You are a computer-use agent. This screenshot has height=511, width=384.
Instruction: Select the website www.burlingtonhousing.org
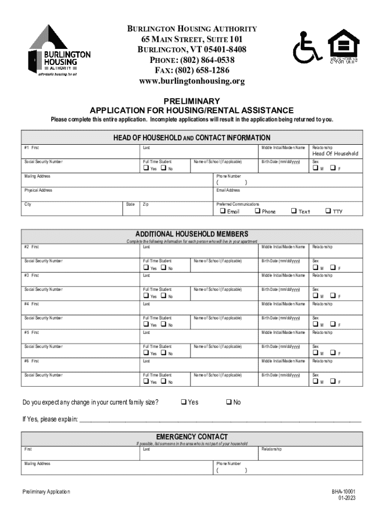192,81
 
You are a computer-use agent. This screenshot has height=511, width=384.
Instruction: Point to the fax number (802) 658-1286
192,71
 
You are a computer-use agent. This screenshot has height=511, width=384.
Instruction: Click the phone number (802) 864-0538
192,60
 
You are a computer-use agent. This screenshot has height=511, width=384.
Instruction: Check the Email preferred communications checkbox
223,211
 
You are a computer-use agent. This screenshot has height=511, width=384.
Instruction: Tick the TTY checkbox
328,211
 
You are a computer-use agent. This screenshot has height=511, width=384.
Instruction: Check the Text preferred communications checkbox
293,211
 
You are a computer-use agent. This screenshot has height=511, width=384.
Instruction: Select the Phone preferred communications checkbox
257,211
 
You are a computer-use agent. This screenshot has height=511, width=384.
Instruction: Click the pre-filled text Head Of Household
335,154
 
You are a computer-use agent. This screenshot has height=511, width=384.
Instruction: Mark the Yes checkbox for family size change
184,402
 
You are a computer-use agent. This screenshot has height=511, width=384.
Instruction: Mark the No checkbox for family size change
228,402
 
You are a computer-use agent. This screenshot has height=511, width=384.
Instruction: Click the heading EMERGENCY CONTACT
192,437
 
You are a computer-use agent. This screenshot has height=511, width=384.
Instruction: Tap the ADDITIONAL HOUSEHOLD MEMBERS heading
192,234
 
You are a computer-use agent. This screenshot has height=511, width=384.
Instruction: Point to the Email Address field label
228,190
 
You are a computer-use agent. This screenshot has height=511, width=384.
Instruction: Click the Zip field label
146,204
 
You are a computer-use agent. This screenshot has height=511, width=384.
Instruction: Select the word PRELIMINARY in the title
192,101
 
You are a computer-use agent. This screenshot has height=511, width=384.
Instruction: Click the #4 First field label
32,304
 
